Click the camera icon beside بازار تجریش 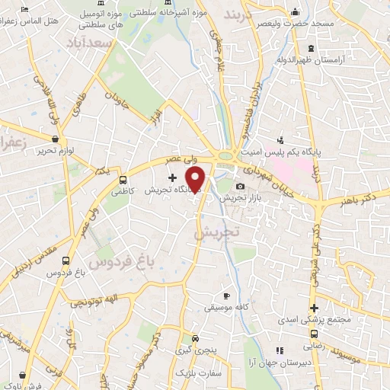(x=240, y=187)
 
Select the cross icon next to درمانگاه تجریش (x=172, y=177)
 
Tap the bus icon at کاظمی (x=123, y=181)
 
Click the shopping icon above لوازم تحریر (x=55, y=139)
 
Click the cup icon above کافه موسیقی (x=225, y=296)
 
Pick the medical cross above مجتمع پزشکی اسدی (x=313, y=308)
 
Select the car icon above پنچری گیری (x=196, y=340)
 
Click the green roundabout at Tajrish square (x=225, y=156)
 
